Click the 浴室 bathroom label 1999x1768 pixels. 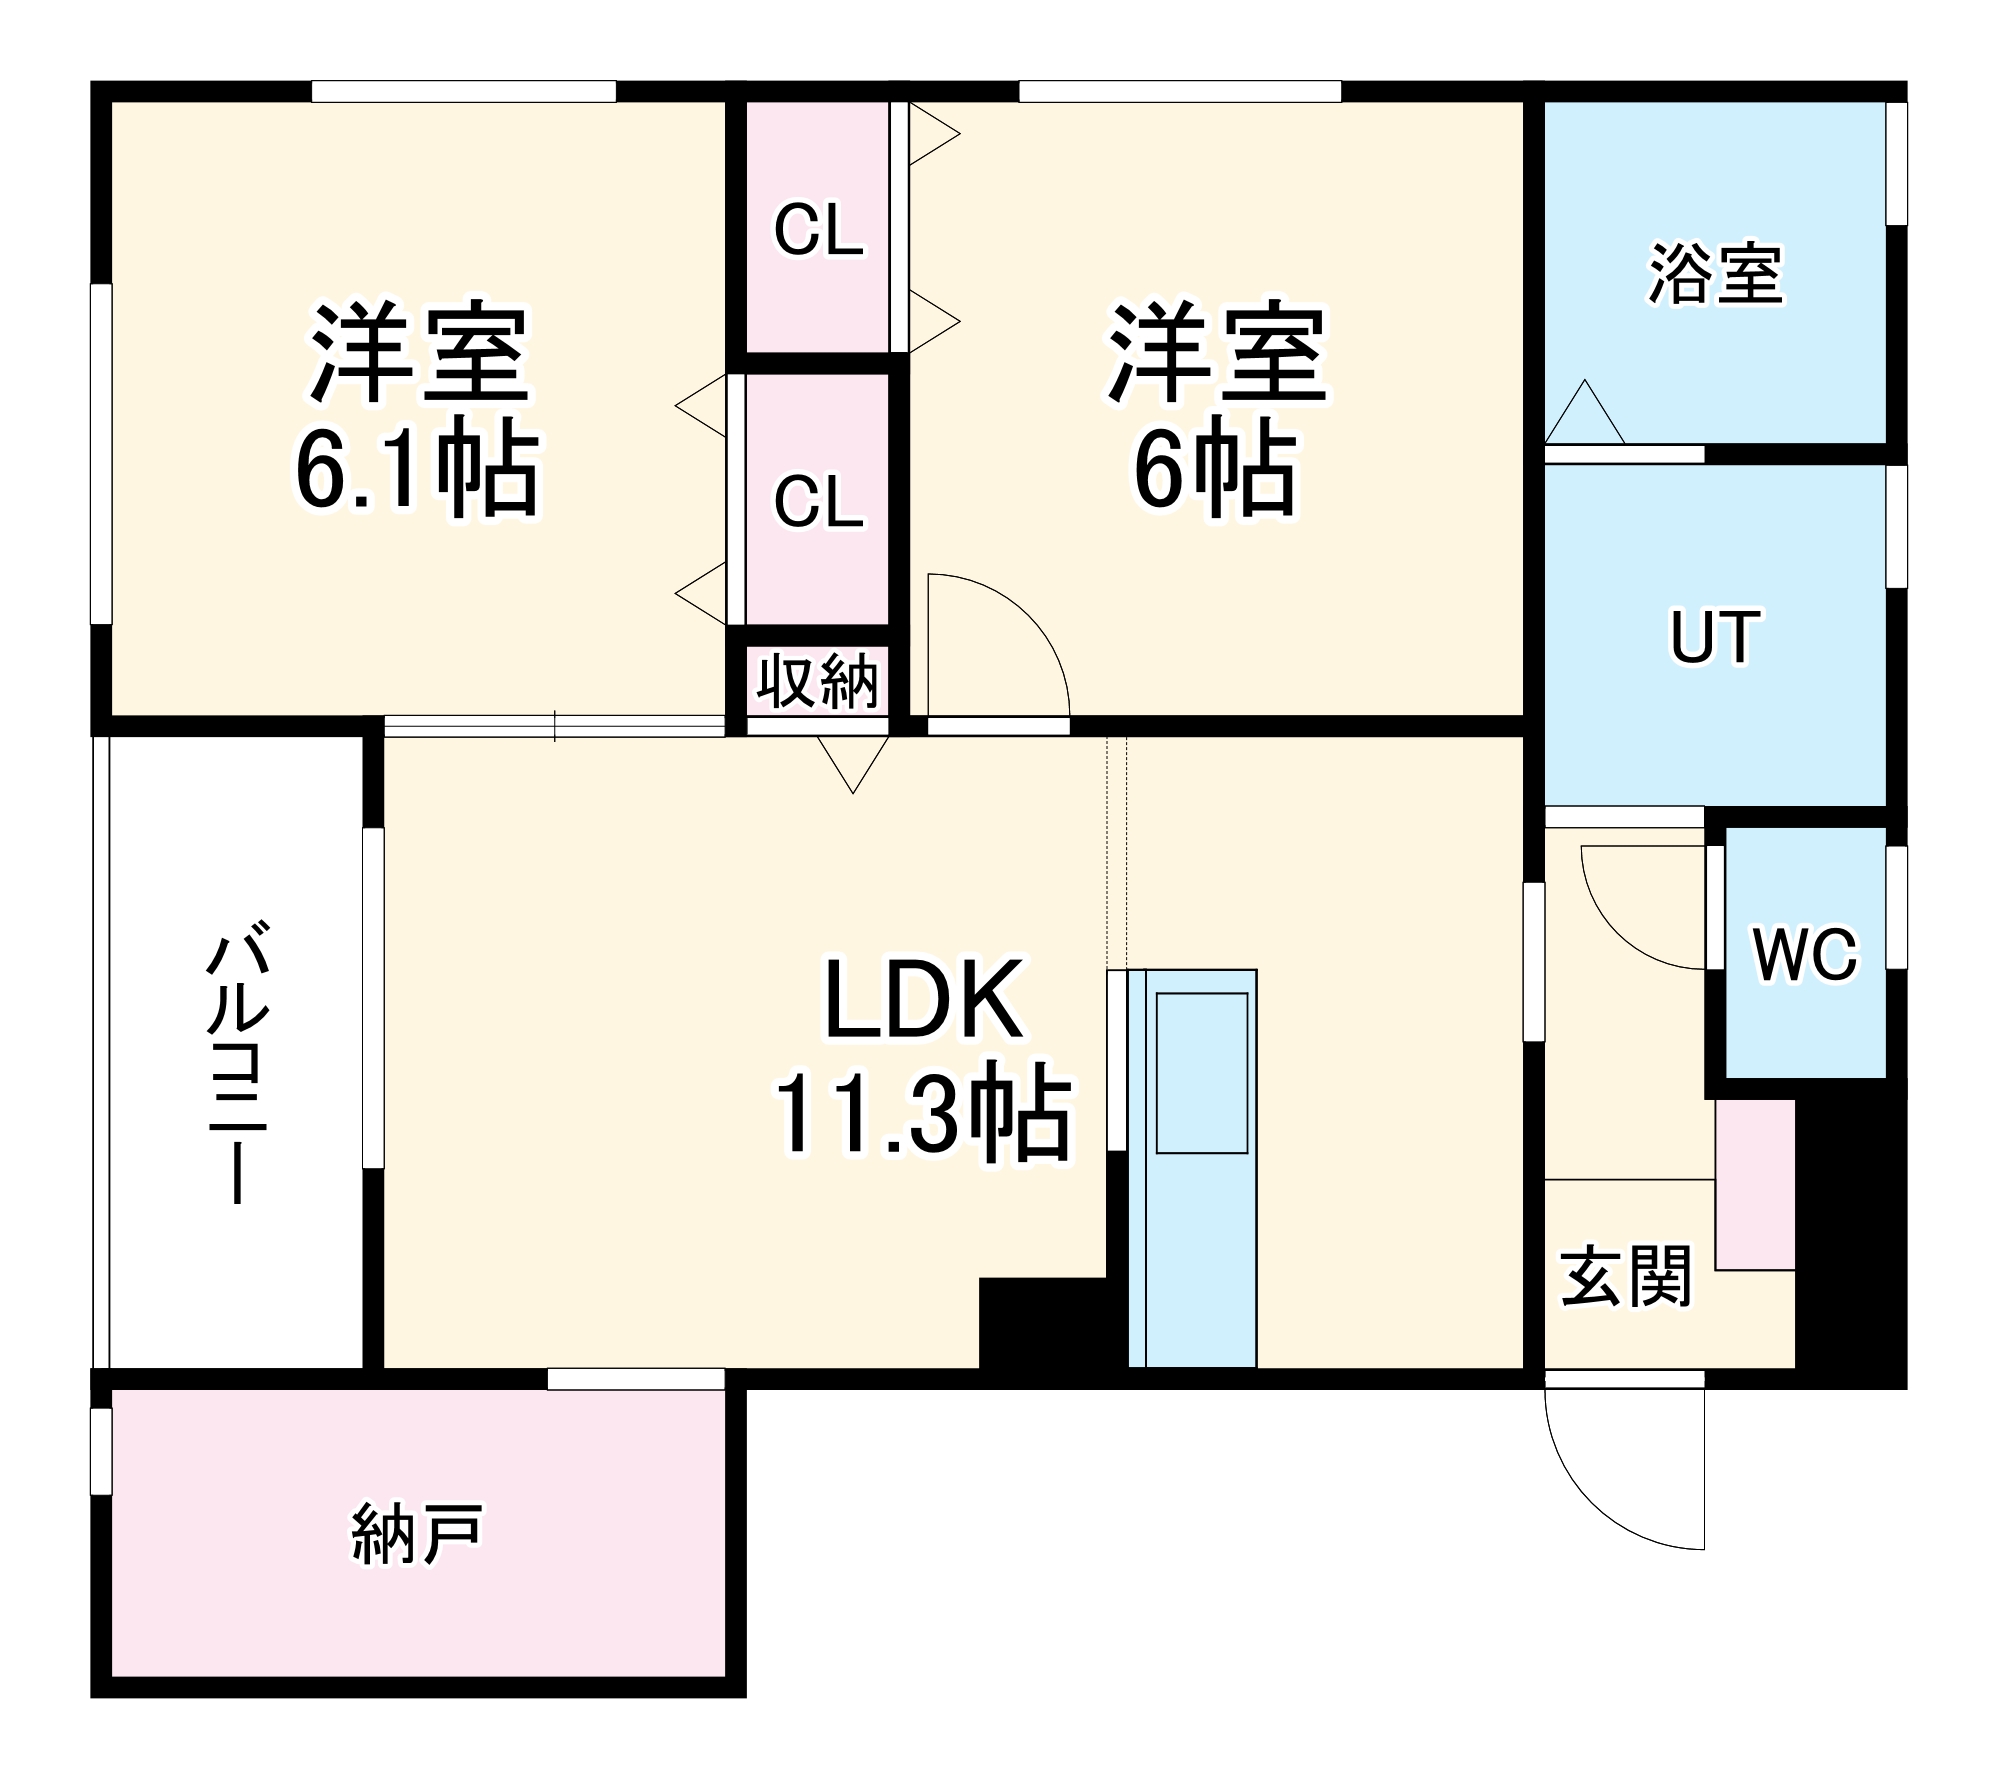coord(1715,274)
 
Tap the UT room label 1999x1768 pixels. coord(1714,637)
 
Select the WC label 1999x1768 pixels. coord(1805,954)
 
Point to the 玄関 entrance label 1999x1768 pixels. coord(1626,1276)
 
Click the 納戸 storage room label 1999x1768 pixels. coord(417,1533)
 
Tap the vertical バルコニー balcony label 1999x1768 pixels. coord(238,1066)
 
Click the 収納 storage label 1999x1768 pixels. coord(817,682)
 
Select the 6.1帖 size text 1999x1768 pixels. coord(417,470)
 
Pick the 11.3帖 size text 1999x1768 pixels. coord(922,1114)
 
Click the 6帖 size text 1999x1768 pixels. coord(1214,470)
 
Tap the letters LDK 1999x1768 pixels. coord(922,1000)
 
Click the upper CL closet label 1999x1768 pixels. coord(818,230)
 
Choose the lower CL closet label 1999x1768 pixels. coord(818,501)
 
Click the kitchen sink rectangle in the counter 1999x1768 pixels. coord(1201,1073)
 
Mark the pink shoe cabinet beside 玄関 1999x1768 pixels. coord(1755,1185)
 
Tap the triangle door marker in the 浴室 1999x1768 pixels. coord(1584,416)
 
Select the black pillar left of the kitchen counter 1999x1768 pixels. coord(1045,1322)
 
